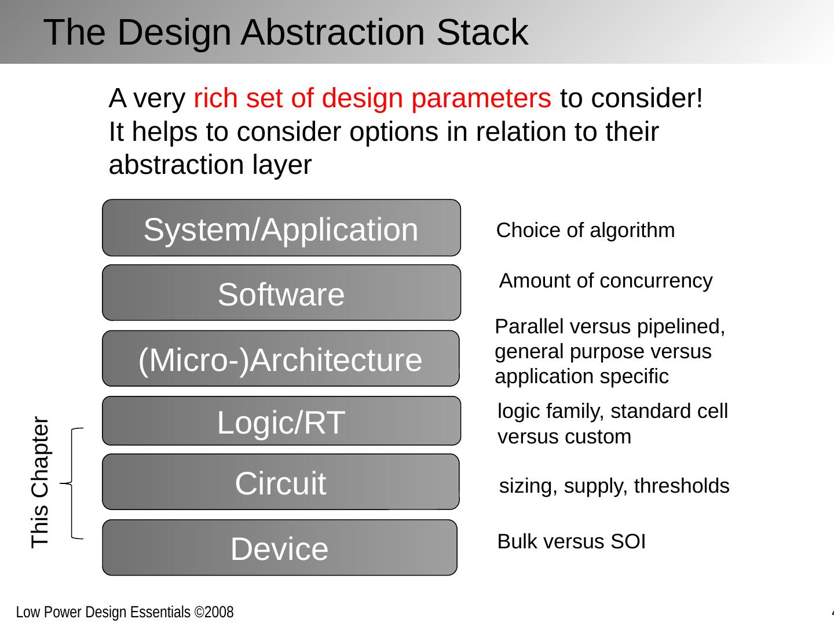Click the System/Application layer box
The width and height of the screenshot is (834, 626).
coord(281,228)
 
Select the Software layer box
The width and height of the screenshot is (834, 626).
coord(281,293)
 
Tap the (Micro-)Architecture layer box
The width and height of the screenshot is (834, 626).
coord(281,359)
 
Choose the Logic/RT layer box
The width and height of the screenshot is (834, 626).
coord(281,421)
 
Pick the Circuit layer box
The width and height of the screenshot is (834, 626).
coord(281,482)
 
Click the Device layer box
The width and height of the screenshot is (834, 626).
coord(280,548)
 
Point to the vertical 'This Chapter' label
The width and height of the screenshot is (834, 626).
coord(40,482)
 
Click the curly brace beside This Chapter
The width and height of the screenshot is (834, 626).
coord(73,483)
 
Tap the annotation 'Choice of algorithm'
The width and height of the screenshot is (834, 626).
coord(586,230)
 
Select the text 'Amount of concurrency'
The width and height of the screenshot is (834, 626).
coord(606,281)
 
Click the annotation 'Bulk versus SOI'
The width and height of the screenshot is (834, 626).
coord(571,541)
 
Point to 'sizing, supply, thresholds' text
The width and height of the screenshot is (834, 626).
coord(614,486)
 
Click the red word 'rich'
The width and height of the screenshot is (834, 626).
coord(215,99)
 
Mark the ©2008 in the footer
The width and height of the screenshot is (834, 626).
coord(214,612)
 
